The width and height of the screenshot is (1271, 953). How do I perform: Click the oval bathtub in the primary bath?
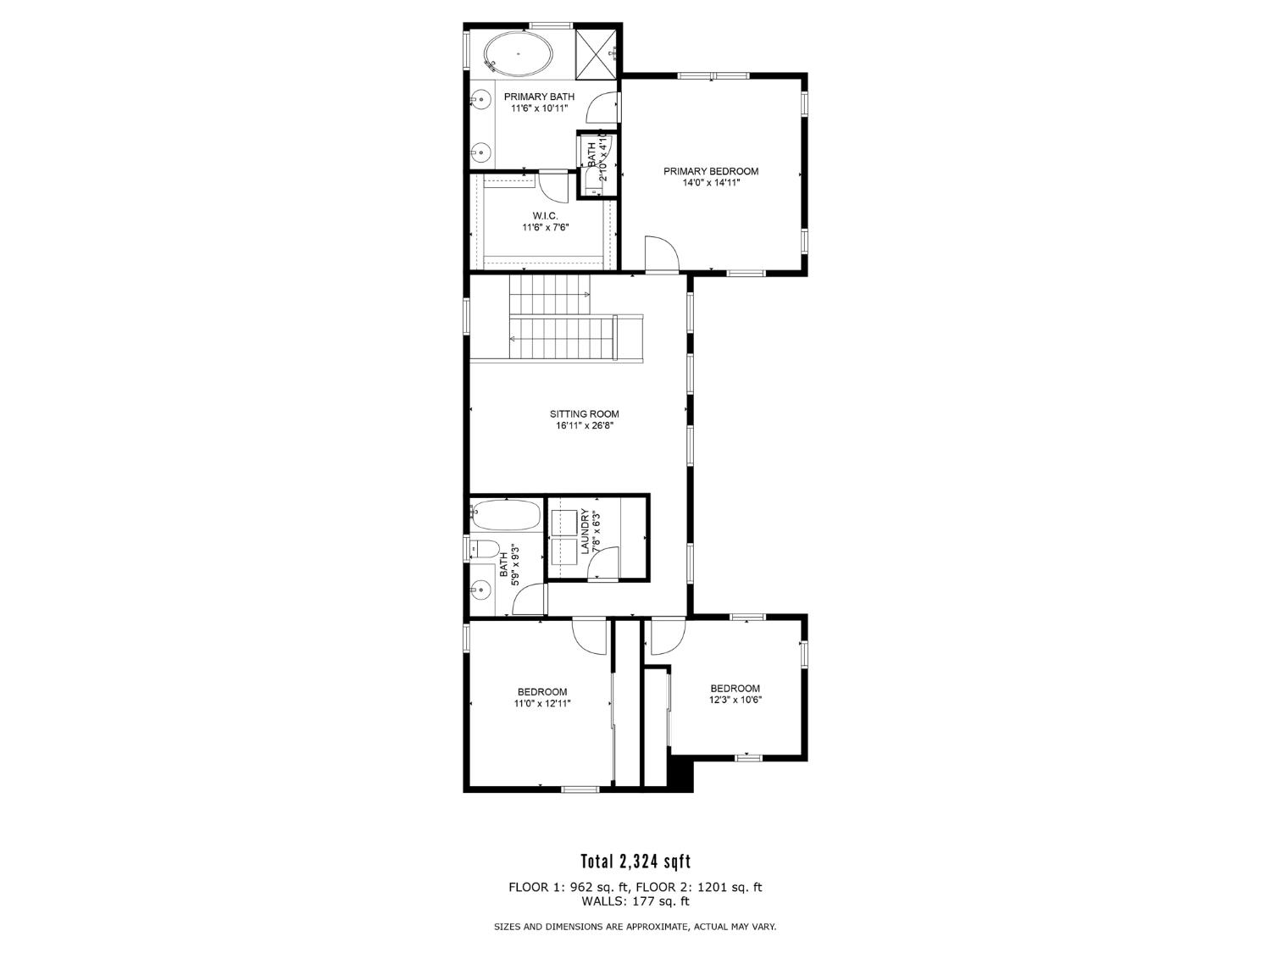(x=518, y=53)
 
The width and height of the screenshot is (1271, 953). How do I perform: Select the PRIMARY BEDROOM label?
(x=710, y=171)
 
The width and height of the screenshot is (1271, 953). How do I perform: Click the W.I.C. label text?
(x=545, y=216)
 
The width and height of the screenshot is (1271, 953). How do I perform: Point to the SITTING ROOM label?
(x=584, y=414)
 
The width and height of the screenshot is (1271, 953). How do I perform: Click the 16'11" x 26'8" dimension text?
(x=584, y=427)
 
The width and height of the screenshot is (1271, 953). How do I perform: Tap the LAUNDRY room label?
(x=585, y=532)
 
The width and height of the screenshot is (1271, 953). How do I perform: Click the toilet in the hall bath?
(x=484, y=549)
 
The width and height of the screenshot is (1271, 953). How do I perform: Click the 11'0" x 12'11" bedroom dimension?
(x=542, y=703)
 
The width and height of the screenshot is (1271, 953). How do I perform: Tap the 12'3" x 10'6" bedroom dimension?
(x=735, y=700)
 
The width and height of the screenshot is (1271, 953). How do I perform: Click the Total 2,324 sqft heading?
(x=635, y=862)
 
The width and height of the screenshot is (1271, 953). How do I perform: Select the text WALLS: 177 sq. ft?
(x=635, y=901)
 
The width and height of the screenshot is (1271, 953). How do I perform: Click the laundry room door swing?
(x=604, y=564)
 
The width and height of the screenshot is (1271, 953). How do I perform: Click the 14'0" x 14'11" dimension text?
(x=710, y=182)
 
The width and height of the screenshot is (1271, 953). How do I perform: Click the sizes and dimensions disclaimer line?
(x=635, y=927)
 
